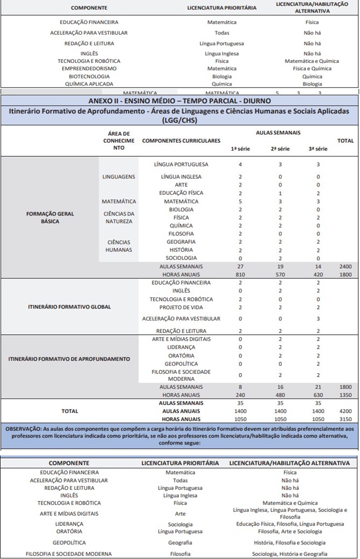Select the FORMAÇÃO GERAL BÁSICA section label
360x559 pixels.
50,218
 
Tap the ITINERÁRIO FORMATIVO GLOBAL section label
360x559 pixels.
69,307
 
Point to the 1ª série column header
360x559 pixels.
240,149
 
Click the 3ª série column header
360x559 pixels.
318,149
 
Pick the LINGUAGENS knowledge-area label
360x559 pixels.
119,177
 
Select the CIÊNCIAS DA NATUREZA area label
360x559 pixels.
119,218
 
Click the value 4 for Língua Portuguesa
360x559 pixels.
240,164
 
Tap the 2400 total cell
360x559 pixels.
345,267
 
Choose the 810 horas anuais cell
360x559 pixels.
240,275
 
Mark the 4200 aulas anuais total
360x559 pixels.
345,411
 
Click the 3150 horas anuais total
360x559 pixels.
345,419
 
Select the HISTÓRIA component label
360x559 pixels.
181,250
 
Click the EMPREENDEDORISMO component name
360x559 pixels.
89,69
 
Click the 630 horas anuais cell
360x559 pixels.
318,395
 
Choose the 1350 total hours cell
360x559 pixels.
345,395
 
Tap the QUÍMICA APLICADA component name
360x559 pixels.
89,84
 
